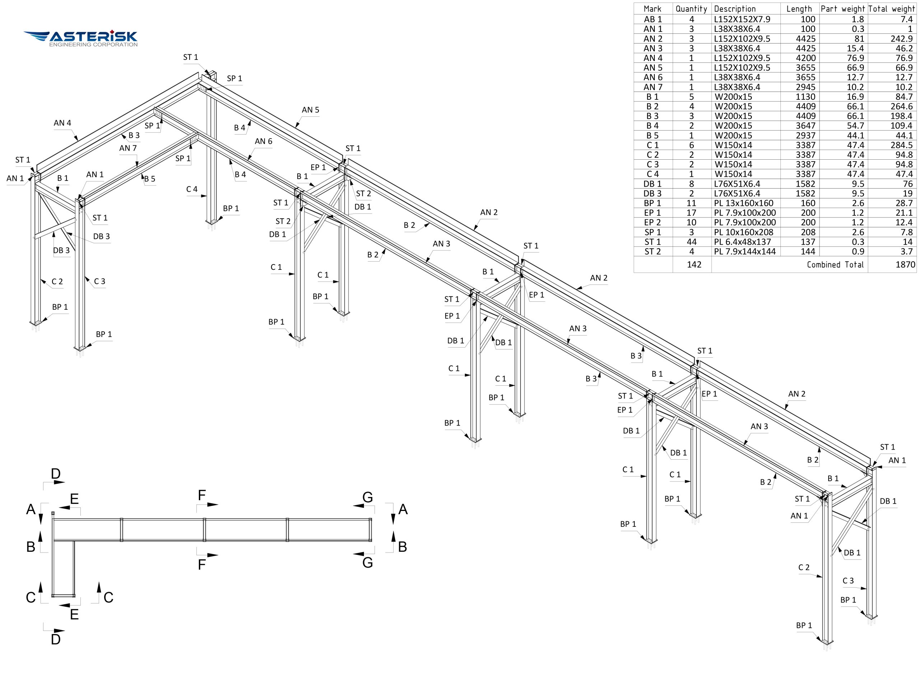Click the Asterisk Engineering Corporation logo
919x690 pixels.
click(x=81, y=38)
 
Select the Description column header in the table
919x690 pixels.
click(x=734, y=9)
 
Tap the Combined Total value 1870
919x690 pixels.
click(x=905, y=264)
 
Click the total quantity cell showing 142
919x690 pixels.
click(x=694, y=264)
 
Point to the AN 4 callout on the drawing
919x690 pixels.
click(x=62, y=123)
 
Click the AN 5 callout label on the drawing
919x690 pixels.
click(x=311, y=110)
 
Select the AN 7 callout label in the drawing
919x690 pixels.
click(x=128, y=148)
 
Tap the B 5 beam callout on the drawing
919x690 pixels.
click(x=150, y=179)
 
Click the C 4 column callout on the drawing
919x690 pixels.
click(x=192, y=189)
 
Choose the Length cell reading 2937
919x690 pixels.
click(x=806, y=135)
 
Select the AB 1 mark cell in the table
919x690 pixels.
click(x=653, y=19)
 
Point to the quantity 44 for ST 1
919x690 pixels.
click(x=691, y=241)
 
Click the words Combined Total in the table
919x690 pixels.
click(x=835, y=264)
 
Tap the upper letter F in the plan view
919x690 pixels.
click(x=202, y=495)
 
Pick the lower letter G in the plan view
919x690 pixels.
click(x=367, y=563)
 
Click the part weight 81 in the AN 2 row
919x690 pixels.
click(x=859, y=39)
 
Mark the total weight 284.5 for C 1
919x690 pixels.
click(x=901, y=145)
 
